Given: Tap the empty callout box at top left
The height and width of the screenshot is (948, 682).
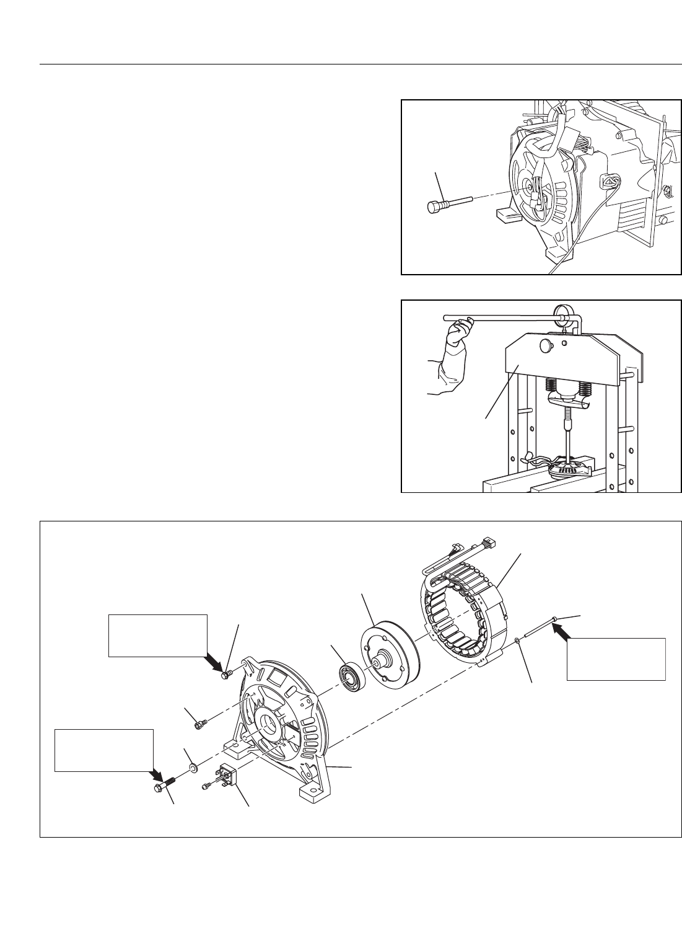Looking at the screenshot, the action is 157,635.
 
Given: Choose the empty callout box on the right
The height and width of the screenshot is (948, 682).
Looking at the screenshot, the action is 616,658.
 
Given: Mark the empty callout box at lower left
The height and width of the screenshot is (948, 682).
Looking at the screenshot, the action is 104,750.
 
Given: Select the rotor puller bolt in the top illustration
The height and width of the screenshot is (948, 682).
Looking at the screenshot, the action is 446,203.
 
